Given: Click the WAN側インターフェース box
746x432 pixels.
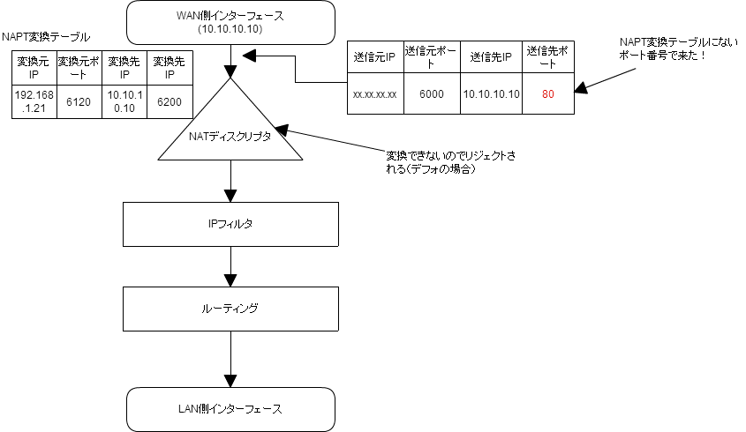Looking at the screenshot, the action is pyautogui.click(x=230, y=22).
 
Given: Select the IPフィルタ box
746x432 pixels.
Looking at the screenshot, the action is pyautogui.click(x=230, y=224).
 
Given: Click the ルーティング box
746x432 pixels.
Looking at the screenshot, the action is pyautogui.click(x=230, y=309).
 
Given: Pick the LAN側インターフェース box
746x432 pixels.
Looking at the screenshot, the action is pyautogui.click(x=230, y=409).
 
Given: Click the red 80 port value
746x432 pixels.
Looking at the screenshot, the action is pyautogui.click(x=548, y=93).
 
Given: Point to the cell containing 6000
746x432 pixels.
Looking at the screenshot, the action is pyautogui.click(x=432, y=93).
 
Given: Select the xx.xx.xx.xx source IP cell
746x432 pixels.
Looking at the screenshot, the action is pyautogui.click(x=375, y=93).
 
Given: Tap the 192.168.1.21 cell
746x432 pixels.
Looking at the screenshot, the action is pyautogui.click(x=34, y=101).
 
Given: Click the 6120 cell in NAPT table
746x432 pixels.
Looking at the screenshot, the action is pyautogui.click(x=79, y=101).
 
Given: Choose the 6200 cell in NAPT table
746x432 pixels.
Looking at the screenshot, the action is pyautogui.click(x=170, y=101).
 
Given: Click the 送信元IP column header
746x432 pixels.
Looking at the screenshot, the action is pyautogui.click(x=375, y=57).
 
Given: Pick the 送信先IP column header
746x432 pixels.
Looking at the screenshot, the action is pyautogui.click(x=491, y=57).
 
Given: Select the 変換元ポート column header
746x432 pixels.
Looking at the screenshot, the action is pyautogui.click(x=79, y=68).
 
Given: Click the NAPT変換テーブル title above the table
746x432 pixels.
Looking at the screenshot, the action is pyautogui.click(x=46, y=37).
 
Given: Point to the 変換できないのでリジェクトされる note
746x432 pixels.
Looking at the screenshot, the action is pyautogui.click(x=450, y=162).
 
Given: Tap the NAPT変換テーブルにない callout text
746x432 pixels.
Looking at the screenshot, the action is pyautogui.click(x=678, y=49).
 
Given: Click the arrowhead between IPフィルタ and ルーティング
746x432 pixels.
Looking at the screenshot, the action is pyautogui.click(x=230, y=280).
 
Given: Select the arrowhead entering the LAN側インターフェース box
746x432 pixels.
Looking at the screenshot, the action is pyautogui.click(x=230, y=381).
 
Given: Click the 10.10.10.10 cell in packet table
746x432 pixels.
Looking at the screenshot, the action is pyautogui.click(x=492, y=93).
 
